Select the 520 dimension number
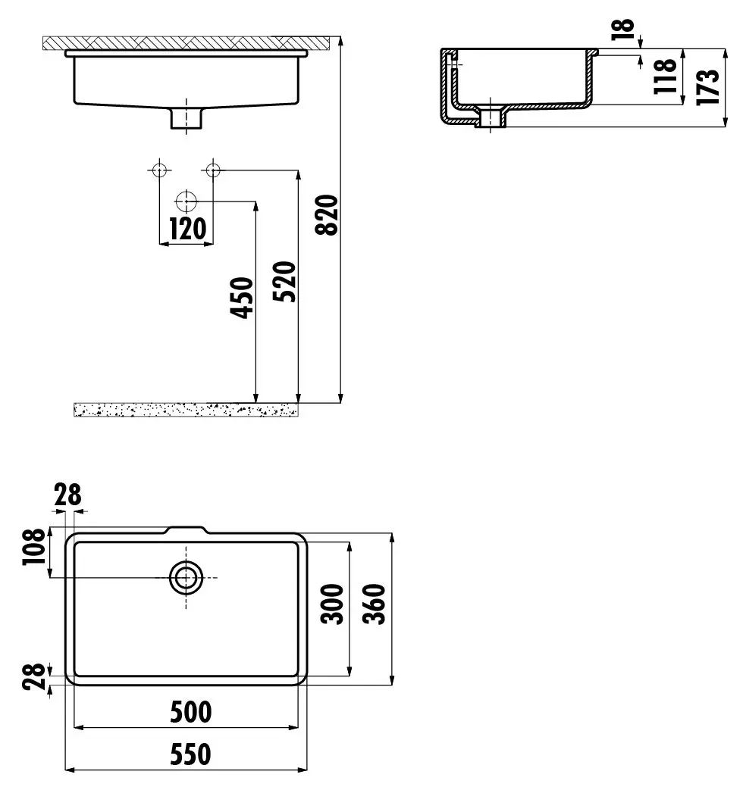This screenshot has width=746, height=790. (x=284, y=281)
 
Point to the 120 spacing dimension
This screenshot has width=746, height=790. (x=186, y=229)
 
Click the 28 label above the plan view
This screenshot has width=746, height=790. (x=67, y=496)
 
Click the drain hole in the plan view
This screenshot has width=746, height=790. (x=185, y=577)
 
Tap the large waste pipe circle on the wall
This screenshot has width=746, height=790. (x=186, y=201)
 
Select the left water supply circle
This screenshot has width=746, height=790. (x=159, y=170)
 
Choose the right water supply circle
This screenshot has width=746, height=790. (x=213, y=170)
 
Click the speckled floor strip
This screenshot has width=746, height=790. (x=185, y=410)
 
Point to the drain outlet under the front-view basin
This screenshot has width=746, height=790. (x=186, y=117)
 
